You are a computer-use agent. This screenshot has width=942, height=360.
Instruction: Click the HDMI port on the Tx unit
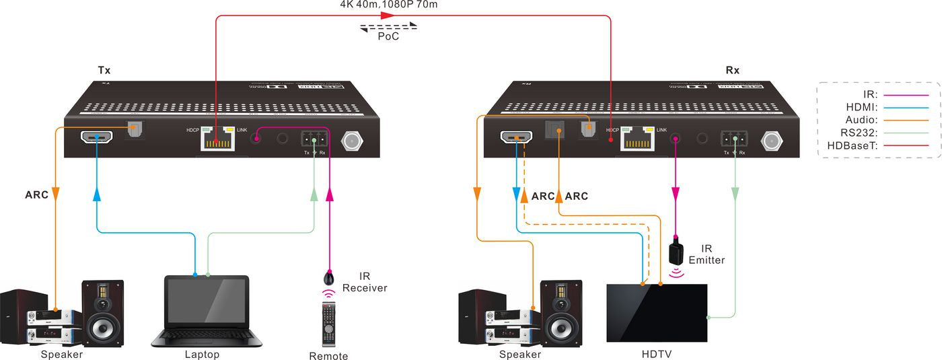click(97, 137)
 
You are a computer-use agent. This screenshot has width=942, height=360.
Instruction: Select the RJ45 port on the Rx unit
click(637, 139)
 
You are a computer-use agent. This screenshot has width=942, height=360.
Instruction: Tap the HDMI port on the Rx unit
click(516, 138)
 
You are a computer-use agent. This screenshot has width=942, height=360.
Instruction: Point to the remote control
click(328, 324)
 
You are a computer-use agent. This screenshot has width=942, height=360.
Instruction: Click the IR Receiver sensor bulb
click(329, 277)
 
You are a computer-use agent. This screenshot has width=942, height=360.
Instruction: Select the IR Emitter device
click(676, 253)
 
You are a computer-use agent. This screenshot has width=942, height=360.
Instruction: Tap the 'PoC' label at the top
click(388, 37)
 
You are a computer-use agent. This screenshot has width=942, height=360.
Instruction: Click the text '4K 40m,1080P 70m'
click(388, 5)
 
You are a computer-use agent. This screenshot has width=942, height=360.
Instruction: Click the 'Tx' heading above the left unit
click(104, 70)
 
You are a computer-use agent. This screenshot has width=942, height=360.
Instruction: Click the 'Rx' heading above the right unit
click(732, 70)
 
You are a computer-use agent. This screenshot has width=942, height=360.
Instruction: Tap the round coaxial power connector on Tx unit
click(351, 140)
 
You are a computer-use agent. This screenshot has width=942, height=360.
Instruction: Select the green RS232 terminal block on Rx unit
click(733, 139)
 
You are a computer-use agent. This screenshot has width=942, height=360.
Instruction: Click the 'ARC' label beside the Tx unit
click(37, 196)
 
